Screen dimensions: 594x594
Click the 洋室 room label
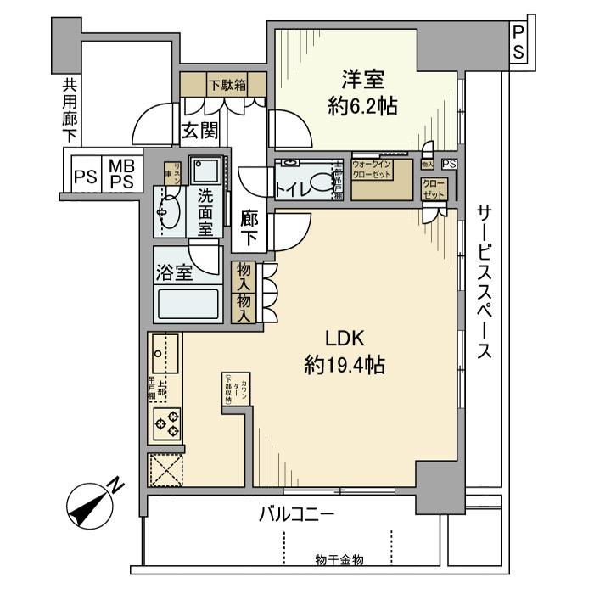pos(362,81)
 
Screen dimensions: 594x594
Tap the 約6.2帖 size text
pos(362,106)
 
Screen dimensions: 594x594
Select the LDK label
pos(345,339)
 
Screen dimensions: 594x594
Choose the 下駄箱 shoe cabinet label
pos(223,84)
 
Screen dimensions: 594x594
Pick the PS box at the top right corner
pos(518,42)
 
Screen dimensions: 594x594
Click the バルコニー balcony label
pos(296,514)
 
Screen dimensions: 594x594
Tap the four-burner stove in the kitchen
pos(166,422)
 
